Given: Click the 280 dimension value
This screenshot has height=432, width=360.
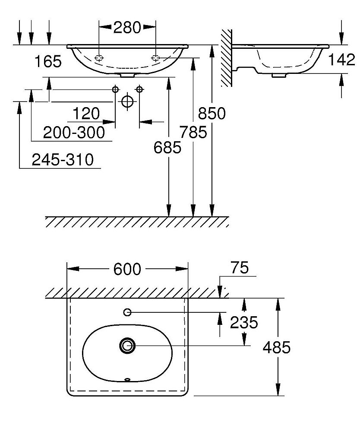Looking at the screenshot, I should click(x=127, y=28).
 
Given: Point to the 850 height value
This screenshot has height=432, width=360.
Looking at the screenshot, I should click(x=212, y=114).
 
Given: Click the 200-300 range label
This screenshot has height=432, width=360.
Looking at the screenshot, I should click(x=74, y=133).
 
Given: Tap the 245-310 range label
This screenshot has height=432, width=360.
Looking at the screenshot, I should click(x=63, y=160).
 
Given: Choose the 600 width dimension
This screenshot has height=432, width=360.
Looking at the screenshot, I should click(x=127, y=269).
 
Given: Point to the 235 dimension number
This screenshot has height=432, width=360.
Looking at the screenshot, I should click(x=243, y=322).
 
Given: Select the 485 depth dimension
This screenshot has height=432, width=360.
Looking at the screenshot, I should click(x=277, y=347).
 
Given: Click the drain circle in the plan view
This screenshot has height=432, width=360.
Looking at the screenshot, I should click(x=127, y=345).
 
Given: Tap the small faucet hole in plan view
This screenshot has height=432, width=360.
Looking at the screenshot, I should click(x=127, y=312).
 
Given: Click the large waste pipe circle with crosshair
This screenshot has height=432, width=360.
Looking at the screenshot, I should click(x=127, y=101).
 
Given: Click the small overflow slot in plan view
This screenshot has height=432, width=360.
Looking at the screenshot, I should click(x=127, y=380).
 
